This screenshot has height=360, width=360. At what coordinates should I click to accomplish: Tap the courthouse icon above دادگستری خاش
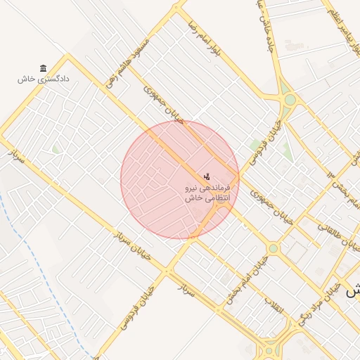point(44,68)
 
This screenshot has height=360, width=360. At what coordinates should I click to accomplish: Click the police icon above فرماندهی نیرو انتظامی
point(207,176)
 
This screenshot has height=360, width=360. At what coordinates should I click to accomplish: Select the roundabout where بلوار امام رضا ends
point(290,100)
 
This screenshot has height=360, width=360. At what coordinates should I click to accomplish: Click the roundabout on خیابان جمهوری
point(273,248)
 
